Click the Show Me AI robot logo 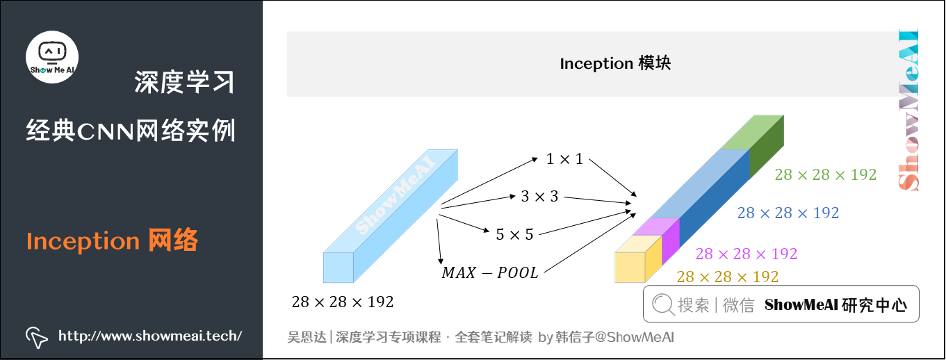point(52,56)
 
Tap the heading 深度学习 point(184,82)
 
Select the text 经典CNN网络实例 point(131,130)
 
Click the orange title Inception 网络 point(113,240)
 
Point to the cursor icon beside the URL point(36,336)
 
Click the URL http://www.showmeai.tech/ point(150,336)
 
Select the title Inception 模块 point(615,64)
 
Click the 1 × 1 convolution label point(564,159)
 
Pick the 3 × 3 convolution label point(539,197)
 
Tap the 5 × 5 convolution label point(514,234)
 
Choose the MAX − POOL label point(490,272)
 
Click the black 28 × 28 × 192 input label point(343,302)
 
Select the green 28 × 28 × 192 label point(826,175)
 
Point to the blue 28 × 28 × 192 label point(788,213)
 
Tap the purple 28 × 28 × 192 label point(747,254)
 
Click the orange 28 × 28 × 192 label point(728,277)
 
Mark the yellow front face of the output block point(630,267)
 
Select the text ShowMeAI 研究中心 point(835,305)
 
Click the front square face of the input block point(339,268)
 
